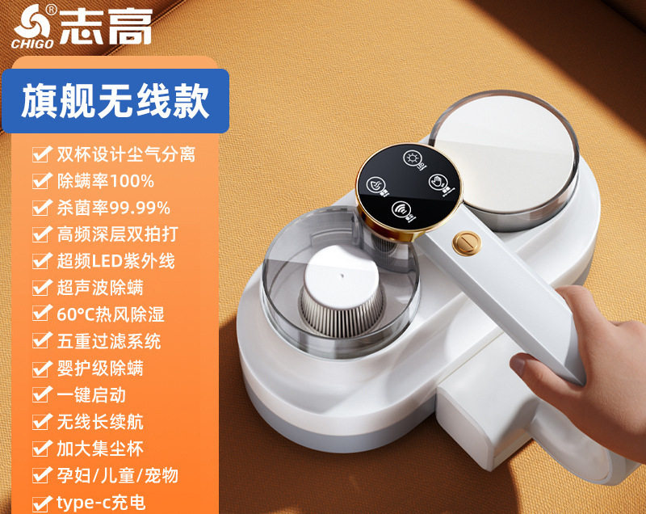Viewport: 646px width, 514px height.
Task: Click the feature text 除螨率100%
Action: pos(105,180)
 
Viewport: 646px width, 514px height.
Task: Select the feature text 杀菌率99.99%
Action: pos(113,207)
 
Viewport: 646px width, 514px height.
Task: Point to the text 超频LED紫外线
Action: pos(115,260)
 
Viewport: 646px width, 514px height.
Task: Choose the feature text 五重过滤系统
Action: pos(109,341)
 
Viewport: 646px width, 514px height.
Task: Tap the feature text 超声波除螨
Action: pos(100,287)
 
